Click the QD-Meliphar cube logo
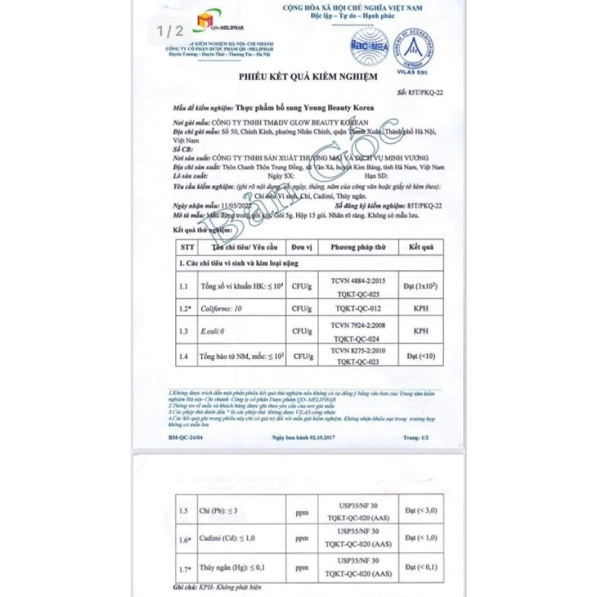click(x=201, y=24)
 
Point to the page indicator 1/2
click(x=169, y=31)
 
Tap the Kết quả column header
click(x=420, y=246)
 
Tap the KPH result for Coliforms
click(x=420, y=308)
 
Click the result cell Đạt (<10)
click(x=420, y=355)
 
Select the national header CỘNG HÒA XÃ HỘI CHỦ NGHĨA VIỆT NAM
click(x=357, y=7)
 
